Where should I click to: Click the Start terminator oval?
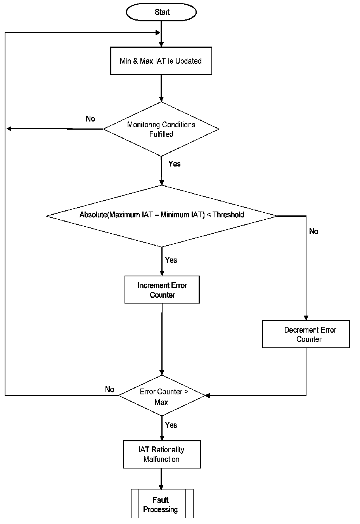click(161, 12)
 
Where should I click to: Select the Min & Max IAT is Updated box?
click(161, 61)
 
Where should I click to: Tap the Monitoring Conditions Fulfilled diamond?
click(161, 129)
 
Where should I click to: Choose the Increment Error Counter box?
click(162, 290)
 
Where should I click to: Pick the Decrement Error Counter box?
click(306, 334)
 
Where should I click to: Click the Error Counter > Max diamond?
click(161, 396)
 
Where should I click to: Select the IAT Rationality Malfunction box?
click(162, 454)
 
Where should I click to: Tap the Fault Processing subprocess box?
click(162, 504)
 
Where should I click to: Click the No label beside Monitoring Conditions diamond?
click(90, 119)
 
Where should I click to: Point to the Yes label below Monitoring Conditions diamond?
click(175, 164)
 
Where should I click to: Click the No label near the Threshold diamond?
click(313, 231)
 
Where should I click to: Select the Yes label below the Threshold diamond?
click(171, 260)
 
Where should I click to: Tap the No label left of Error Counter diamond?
click(109, 389)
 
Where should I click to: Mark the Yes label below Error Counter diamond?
click(171, 425)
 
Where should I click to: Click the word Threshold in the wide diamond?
click(228, 215)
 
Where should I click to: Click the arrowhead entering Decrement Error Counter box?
click(306, 317)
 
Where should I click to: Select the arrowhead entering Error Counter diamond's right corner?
click(208, 396)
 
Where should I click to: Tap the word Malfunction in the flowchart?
click(161, 459)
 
